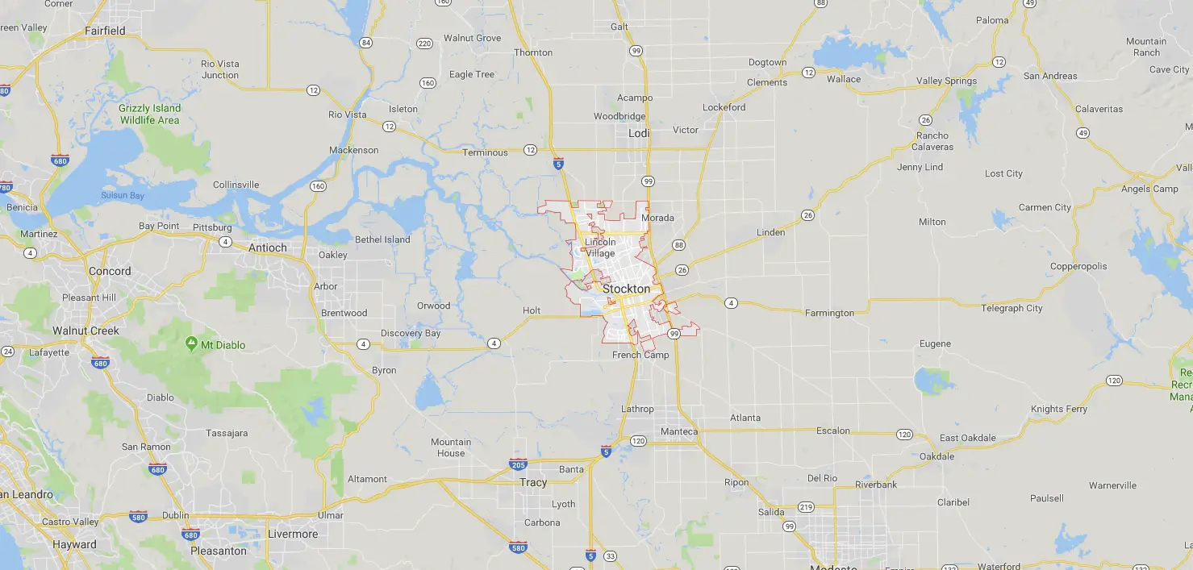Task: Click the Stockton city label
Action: [x=626, y=289]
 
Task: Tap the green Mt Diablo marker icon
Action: [x=191, y=344]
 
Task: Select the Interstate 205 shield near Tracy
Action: [x=519, y=464]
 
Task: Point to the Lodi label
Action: [x=638, y=133]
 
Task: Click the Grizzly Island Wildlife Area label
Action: [x=149, y=114]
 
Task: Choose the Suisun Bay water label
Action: [x=123, y=195]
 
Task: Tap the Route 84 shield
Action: [x=366, y=43]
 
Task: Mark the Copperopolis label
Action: [x=1078, y=266]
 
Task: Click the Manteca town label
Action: [x=678, y=431]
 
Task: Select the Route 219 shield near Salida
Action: [x=806, y=507]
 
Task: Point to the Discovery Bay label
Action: [x=411, y=333]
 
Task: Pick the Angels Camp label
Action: [x=1149, y=189]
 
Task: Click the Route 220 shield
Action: [x=424, y=43]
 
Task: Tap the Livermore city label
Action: [x=292, y=534]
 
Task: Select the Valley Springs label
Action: [x=946, y=81]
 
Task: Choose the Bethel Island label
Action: [x=382, y=239]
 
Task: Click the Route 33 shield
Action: [x=610, y=556]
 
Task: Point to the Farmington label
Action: [x=829, y=313]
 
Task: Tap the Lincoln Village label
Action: [x=600, y=248]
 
